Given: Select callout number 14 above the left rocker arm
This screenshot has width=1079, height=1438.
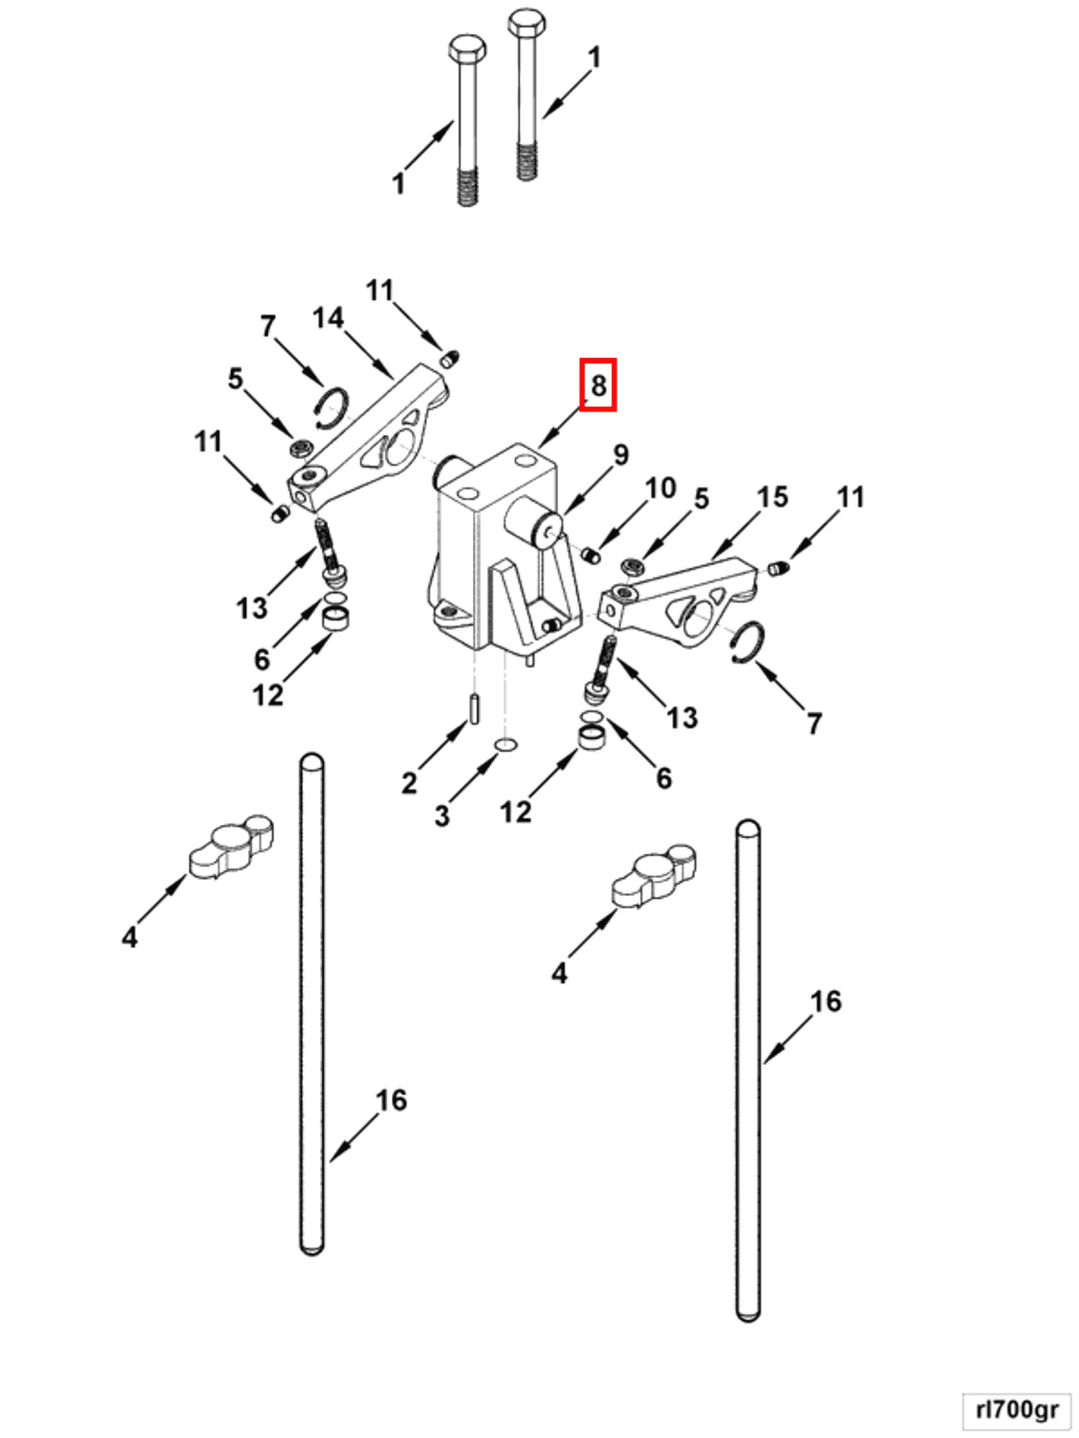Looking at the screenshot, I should pos(328,318).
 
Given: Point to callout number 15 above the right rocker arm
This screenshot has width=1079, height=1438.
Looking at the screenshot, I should pos(772,497).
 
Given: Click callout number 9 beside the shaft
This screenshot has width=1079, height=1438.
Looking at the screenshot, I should pos(620,455).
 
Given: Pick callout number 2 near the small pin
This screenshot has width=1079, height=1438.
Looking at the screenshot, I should pos(408,782).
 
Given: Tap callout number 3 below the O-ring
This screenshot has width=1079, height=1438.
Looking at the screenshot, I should pos(442,815).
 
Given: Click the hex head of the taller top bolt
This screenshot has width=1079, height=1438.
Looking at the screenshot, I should pos(526,23).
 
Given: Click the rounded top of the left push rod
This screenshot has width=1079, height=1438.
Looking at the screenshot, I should pos(312,763).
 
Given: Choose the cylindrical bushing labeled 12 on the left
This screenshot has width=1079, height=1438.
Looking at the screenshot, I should pos(336,617).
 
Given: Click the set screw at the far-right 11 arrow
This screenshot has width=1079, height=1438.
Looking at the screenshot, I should pos(778,569).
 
